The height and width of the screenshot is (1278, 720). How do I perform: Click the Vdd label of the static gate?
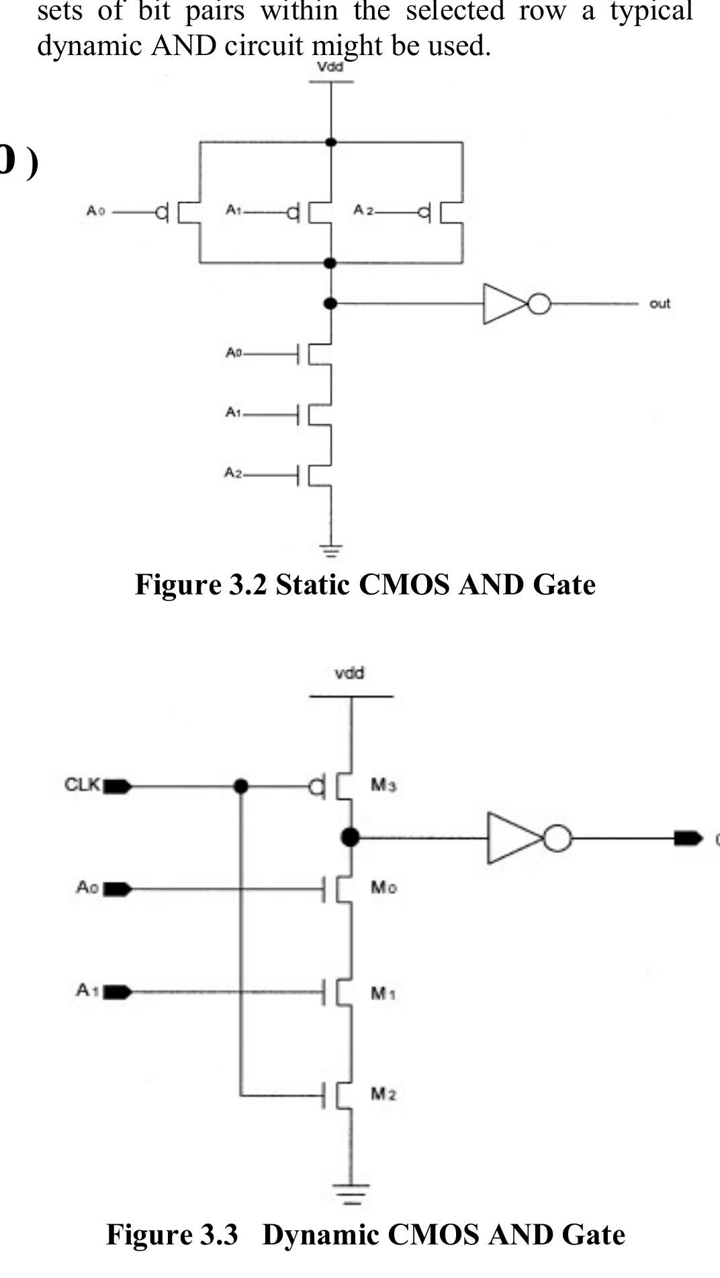click(x=330, y=67)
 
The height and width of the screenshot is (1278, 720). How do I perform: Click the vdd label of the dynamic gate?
click(x=349, y=673)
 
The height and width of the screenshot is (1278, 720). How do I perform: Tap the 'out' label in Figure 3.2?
click(x=659, y=304)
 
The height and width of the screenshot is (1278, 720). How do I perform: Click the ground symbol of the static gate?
click(x=330, y=551)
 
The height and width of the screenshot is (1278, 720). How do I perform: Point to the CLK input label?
click(x=82, y=784)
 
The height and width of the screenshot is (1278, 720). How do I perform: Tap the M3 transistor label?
click(x=384, y=784)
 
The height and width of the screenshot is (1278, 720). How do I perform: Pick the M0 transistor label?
click(x=384, y=888)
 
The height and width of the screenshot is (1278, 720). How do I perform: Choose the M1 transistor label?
click(x=383, y=993)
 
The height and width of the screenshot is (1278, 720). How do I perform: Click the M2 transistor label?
click(x=384, y=1094)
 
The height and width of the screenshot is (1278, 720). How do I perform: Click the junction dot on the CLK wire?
click(x=240, y=786)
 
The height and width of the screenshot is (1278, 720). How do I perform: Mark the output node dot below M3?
click(x=350, y=837)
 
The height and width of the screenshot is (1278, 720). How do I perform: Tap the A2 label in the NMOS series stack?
click(x=232, y=473)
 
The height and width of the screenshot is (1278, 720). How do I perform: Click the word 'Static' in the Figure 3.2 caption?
click(x=313, y=584)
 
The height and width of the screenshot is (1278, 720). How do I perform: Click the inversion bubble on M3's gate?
click(x=316, y=786)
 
